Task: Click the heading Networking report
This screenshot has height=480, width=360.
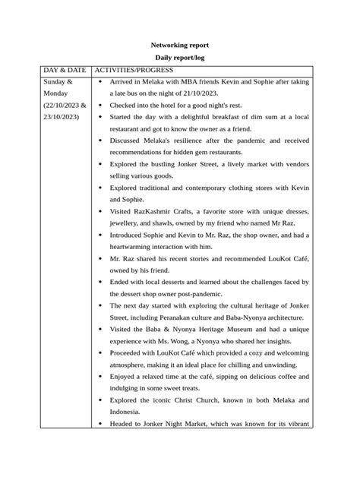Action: [179, 46]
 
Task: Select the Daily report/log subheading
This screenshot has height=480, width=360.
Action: [179, 58]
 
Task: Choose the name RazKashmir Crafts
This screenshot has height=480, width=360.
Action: [160, 211]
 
